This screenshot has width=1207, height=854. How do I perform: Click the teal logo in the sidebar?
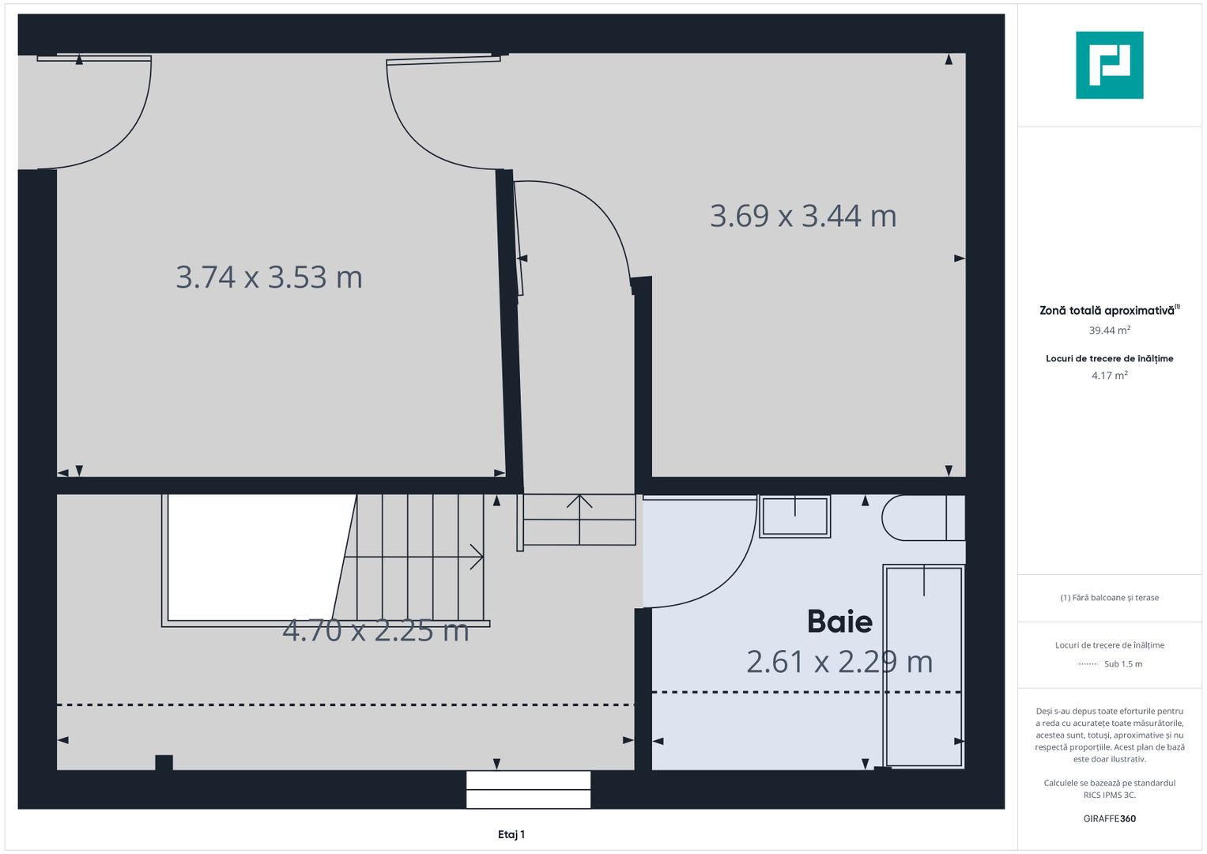coord(1109,65)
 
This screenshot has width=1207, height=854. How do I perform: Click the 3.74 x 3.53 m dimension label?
coord(269,277)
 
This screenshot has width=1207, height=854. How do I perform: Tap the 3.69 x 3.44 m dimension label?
coord(803,216)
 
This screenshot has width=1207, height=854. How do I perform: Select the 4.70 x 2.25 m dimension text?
coord(375,630)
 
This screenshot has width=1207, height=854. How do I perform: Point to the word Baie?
coord(839,622)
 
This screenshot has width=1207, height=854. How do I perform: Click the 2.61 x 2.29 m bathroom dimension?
coord(839,662)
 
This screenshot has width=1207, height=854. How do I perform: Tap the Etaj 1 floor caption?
coord(511,834)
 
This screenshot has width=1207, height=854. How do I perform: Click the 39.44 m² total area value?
coord(1109,330)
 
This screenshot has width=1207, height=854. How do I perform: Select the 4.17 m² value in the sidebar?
coord(1109,376)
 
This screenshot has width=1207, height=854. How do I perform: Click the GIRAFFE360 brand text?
coord(1109,818)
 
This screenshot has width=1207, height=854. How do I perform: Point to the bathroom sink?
coord(795,517)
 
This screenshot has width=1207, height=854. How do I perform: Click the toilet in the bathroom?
coord(923,518)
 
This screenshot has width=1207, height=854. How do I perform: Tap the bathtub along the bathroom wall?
coord(923,666)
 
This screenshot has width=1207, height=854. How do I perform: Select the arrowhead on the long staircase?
coord(477,557)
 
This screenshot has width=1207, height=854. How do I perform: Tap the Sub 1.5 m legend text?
coord(1123,663)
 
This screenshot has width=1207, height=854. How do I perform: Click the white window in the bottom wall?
coord(528,789)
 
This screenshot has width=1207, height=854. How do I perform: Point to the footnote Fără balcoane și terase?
coord(1109,597)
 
